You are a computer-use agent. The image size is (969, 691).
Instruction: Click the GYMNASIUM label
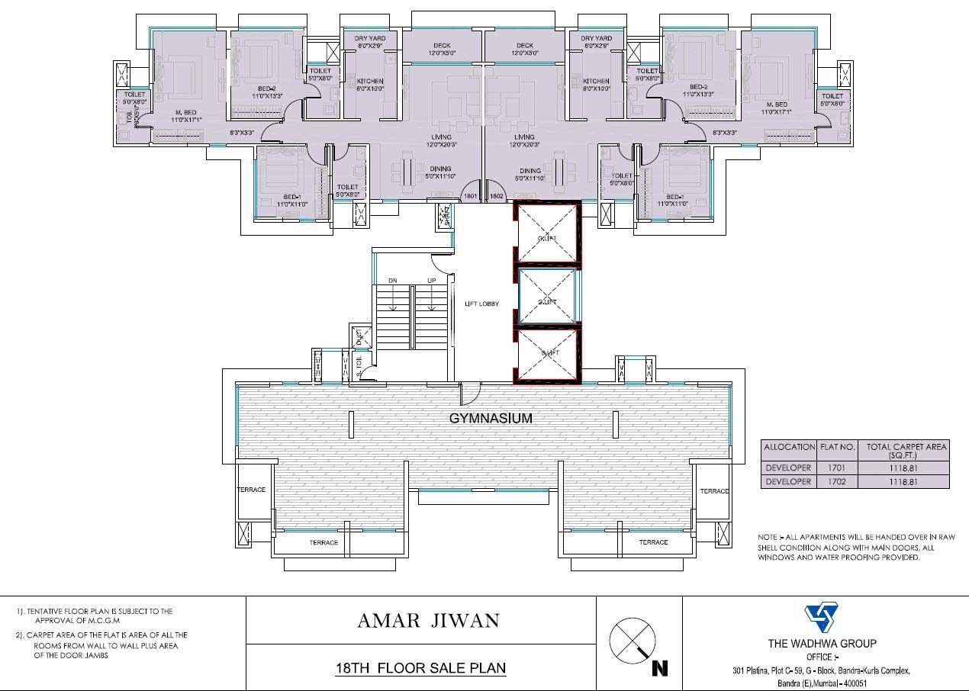[x=490, y=418]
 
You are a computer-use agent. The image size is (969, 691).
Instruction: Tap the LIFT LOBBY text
[x=481, y=304]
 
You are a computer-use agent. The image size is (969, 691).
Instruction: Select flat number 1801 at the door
[x=470, y=196]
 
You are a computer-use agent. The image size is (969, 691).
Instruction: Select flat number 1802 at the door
[x=496, y=196]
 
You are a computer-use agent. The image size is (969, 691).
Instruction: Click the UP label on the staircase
[x=431, y=281]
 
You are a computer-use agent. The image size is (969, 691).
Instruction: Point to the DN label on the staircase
[x=393, y=281]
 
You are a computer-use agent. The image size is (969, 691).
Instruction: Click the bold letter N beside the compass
[x=660, y=669]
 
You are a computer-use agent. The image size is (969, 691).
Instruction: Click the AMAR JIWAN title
[x=420, y=620]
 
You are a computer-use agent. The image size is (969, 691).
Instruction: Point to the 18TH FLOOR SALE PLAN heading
[x=420, y=668]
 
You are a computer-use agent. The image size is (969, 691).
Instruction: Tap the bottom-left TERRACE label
[x=324, y=542]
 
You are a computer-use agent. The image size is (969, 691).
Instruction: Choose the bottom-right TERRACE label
[x=653, y=542]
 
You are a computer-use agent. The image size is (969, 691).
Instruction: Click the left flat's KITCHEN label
[x=370, y=81]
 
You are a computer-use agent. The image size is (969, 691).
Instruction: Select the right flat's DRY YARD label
[x=596, y=39]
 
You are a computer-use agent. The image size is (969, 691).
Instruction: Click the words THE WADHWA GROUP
[x=822, y=643]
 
